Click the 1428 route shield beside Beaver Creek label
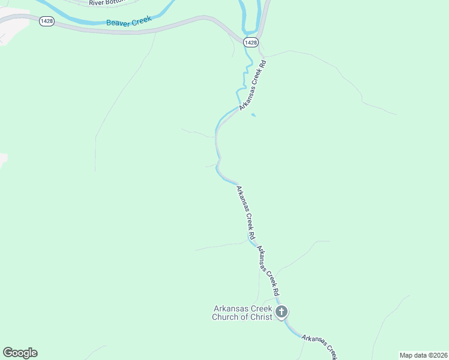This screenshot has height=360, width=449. click(46, 21)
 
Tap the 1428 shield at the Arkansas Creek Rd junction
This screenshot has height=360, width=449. click(252, 42)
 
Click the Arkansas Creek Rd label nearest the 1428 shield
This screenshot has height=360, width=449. click(252, 84)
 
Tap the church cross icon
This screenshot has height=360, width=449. click(282, 312)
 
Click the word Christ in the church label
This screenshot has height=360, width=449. click(260, 317)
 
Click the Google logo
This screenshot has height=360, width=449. click(20, 353)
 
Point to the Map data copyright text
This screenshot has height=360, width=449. click(423, 355)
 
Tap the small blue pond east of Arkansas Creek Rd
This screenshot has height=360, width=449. click(254, 115)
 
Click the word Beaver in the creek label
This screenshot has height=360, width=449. click(118, 23)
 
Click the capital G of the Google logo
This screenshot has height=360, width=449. click(8, 353)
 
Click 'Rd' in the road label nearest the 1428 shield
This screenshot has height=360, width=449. click(262, 64)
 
